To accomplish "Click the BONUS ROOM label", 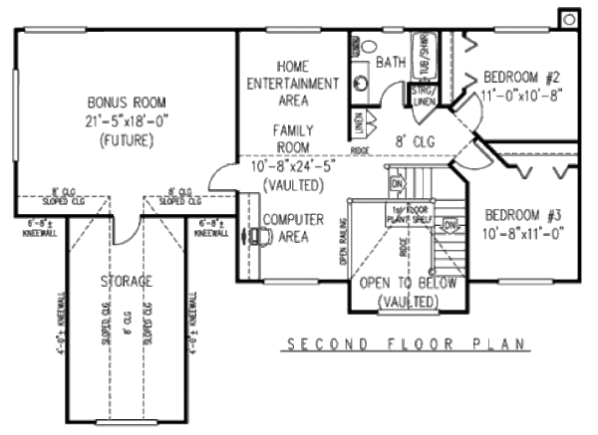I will (126, 103).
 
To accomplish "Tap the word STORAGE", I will (126, 282).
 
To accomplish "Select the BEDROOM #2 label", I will (523, 78).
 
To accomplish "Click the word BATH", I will (391, 63).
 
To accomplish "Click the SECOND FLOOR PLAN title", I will (403, 345).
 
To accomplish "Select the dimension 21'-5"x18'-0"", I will (126, 120).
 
